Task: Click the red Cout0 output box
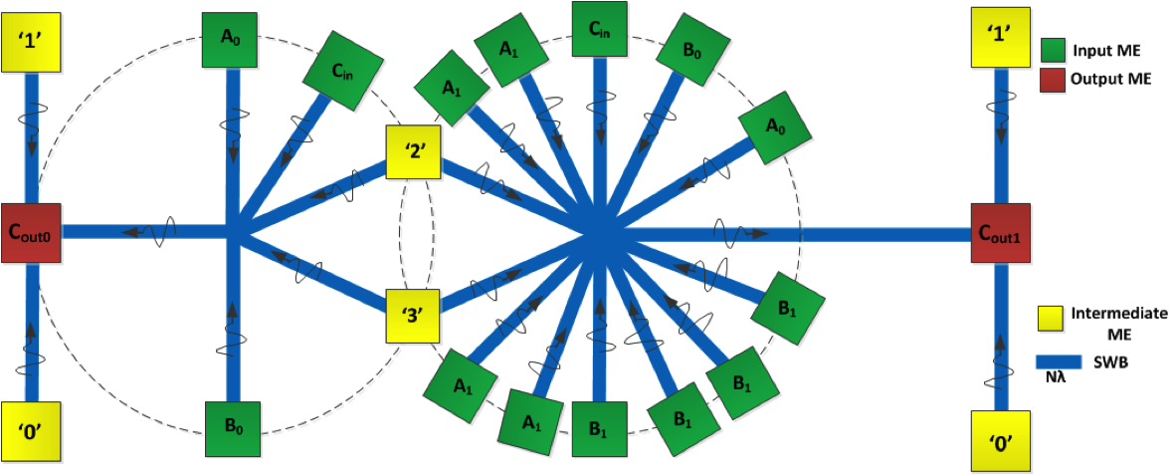coord(31,233)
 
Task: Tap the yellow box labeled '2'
coord(412,152)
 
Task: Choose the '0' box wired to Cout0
coord(31,432)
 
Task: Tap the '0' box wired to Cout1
coord(999,440)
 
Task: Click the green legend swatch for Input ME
coord(1054,50)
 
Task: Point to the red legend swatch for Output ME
coord(1054,79)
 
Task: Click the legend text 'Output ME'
coord(1112,79)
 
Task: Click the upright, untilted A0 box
coord(231,41)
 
